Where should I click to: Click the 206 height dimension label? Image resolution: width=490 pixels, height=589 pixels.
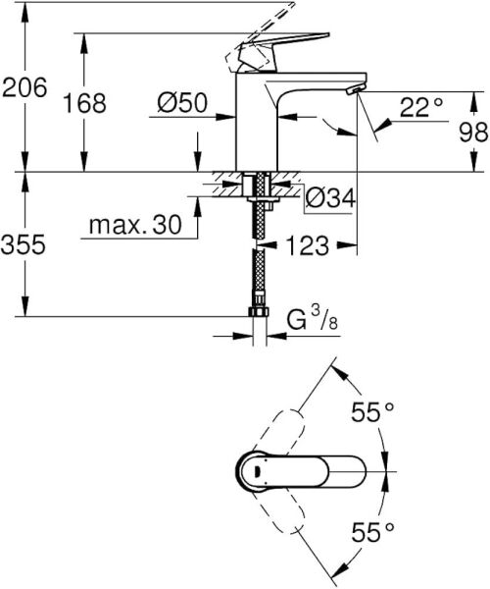[x=24, y=88]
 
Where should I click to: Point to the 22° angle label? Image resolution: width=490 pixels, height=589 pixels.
[x=421, y=107]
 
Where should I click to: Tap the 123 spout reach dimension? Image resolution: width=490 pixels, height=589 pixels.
[x=309, y=245]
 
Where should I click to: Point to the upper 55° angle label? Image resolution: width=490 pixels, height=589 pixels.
[x=373, y=413]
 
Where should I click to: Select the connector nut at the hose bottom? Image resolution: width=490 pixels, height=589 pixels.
[x=259, y=313]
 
